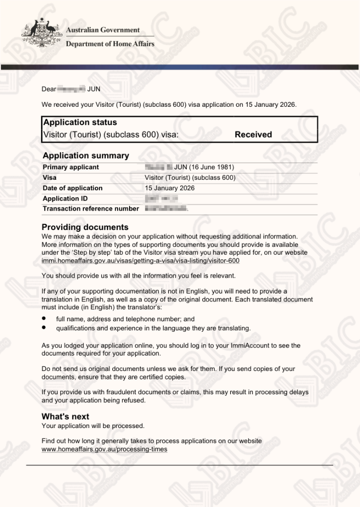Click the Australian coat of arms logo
coord(41,34)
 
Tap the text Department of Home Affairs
coord(110,44)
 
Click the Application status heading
coord(80,122)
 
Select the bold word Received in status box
coord(253,135)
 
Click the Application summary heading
coord(85,155)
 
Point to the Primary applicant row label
coord(71,167)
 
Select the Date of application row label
coord(72,188)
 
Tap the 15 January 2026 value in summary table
coord(170,188)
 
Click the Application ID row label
coord(65,199)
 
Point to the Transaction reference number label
coord(91,209)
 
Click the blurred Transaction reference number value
coord(165,209)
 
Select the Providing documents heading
coord(85,227)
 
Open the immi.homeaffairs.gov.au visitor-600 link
coord(141,261)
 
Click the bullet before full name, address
coord(44,319)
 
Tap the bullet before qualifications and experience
coord(44,328)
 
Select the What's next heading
coord(66,417)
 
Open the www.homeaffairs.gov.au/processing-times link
coord(104,449)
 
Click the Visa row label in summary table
coord(50,178)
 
